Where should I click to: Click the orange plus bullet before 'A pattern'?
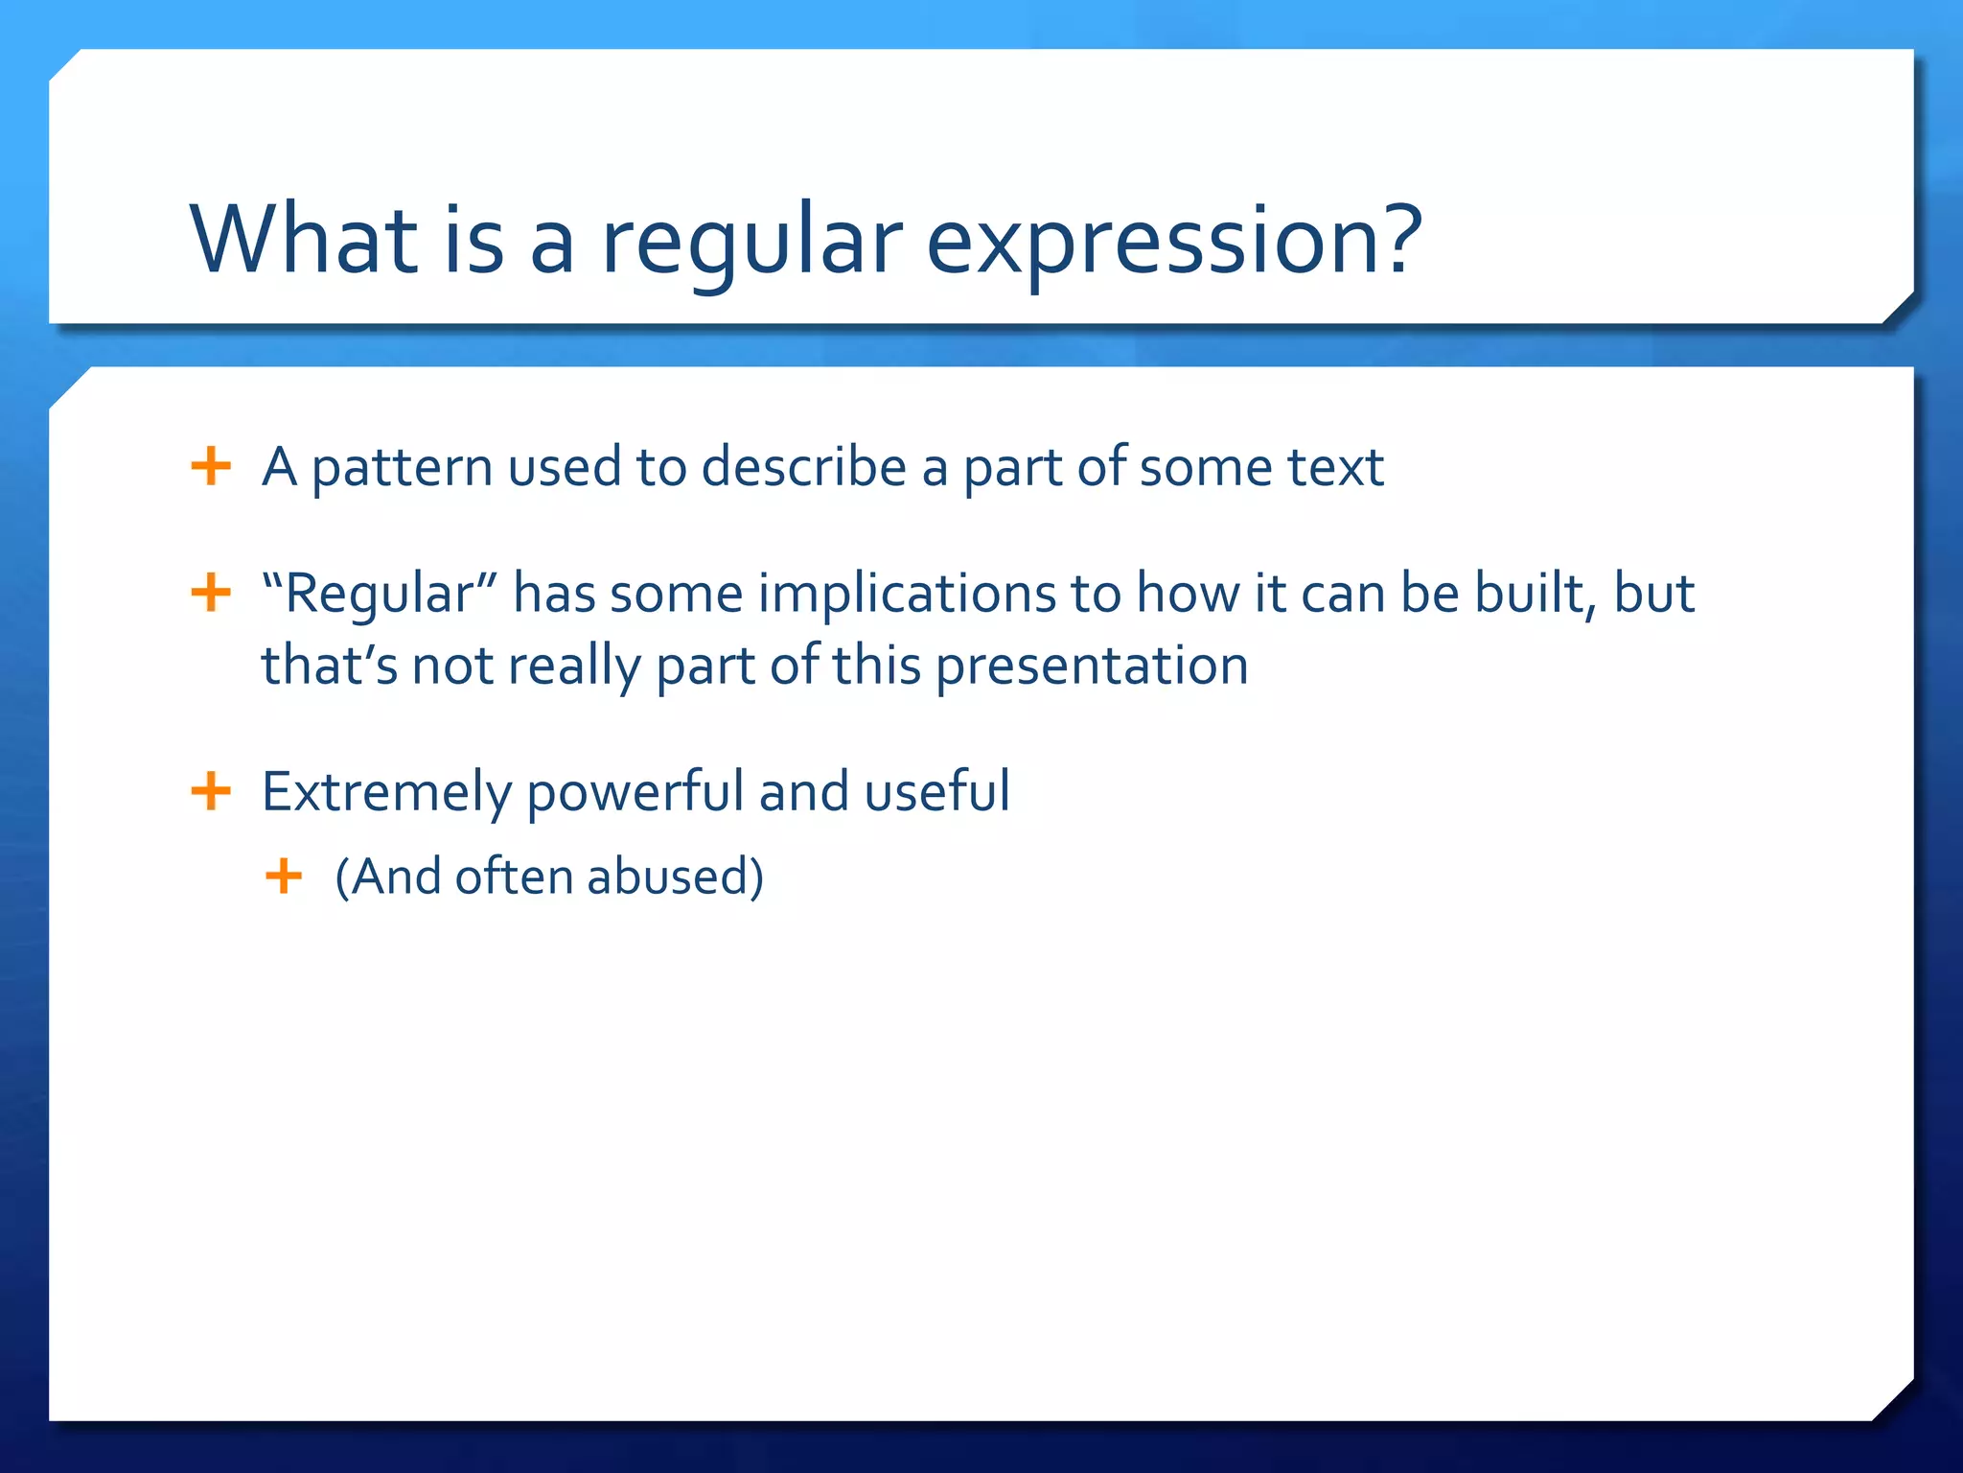click(x=211, y=467)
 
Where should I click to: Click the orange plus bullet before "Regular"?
click(x=211, y=593)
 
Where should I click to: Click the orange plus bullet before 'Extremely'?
click(x=211, y=792)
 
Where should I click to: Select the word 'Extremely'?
click(x=386, y=793)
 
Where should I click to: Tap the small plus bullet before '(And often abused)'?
click(x=284, y=876)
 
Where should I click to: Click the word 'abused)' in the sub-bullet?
click(x=675, y=877)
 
